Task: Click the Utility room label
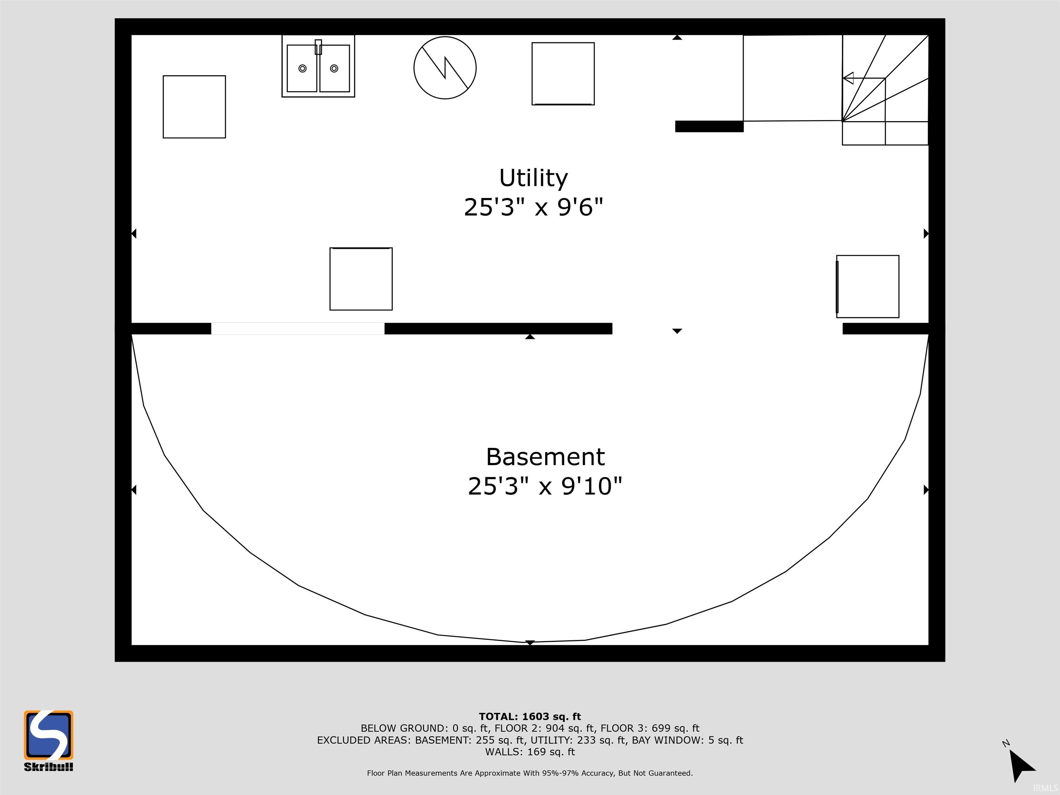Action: [x=533, y=178]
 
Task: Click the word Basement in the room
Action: [x=545, y=457]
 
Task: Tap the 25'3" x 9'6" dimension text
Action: [x=533, y=207]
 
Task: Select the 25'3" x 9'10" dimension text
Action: [x=545, y=486]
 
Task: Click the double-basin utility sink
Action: [x=318, y=66]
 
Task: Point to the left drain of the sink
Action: [x=302, y=69]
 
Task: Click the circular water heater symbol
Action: [x=445, y=68]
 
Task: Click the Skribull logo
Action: [x=48, y=741]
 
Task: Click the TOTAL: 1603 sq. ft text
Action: [x=530, y=716]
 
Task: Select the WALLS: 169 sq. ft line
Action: [x=530, y=752]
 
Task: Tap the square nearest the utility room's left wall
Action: [x=194, y=107]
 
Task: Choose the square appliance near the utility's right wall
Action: [x=867, y=286]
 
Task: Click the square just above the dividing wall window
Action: [x=361, y=279]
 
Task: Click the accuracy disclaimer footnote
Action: [x=530, y=773]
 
